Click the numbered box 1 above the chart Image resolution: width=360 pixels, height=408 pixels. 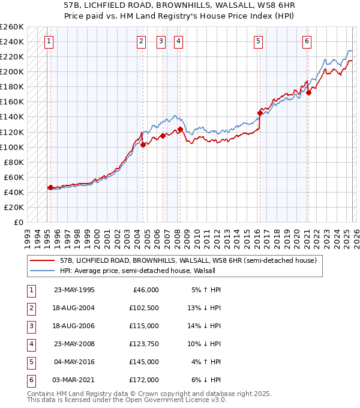pos(49,41)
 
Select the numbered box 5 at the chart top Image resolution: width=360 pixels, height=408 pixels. pos(258,41)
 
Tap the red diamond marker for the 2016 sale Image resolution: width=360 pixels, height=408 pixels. pos(260,113)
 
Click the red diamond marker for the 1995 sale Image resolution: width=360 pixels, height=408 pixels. pos(50,187)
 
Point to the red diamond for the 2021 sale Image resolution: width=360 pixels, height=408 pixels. pos(308,92)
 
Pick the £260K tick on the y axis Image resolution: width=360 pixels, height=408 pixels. pos(13,27)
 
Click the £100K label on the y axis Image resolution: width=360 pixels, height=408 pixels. pos(13,147)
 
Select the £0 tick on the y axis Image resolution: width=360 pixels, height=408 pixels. pos(18,222)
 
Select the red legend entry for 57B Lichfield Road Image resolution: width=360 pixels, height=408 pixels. pos(175,261)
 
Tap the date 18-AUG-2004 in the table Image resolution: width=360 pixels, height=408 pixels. pos(74,308)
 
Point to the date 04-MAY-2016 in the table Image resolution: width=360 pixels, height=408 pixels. pos(74,362)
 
